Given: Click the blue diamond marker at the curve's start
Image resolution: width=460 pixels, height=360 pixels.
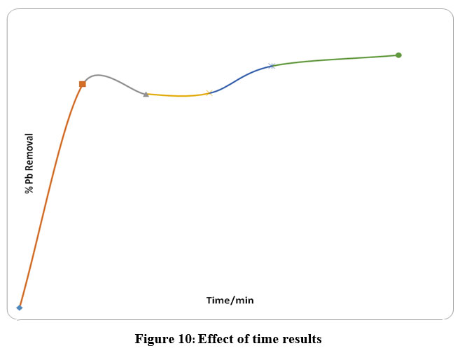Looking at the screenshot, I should [x=20, y=307].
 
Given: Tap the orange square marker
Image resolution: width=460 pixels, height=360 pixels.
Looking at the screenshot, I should [x=83, y=84].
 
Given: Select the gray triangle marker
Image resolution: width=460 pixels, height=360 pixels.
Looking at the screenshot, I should [x=146, y=94].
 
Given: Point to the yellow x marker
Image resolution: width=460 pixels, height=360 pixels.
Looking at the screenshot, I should [x=209, y=92].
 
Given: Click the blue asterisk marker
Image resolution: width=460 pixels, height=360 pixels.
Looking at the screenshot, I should [x=272, y=66].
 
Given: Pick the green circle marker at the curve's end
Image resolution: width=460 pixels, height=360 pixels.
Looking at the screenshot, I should [x=398, y=55].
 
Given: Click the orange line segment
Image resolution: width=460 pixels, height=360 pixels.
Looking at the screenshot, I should [x=49, y=189].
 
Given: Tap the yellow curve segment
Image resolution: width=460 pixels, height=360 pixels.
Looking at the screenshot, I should [x=179, y=95].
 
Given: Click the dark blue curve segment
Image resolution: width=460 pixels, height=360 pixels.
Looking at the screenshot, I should [x=242, y=78].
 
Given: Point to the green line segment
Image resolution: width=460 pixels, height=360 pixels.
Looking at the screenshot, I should [x=336, y=59].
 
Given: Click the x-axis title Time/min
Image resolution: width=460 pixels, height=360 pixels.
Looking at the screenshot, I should [x=230, y=300].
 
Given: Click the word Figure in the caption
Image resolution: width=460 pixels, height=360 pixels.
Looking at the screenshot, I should [x=153, y=340].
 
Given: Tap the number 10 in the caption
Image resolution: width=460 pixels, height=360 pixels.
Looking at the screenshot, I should [x=186, y=340].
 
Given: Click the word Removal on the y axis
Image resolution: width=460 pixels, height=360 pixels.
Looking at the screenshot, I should [x=29, y=153].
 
